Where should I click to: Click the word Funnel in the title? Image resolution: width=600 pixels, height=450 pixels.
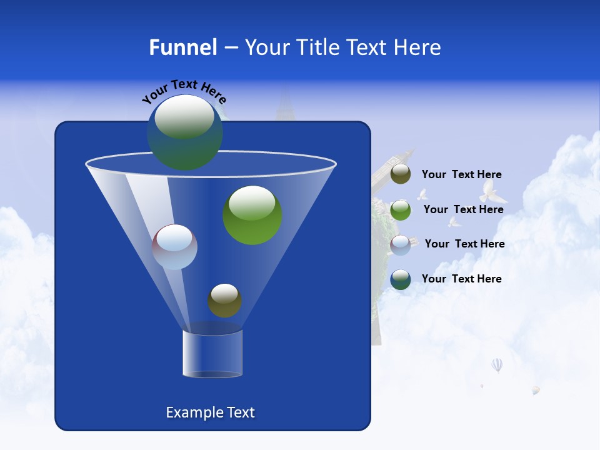pos(183,47)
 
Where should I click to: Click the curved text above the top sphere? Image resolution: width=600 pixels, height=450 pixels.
pos(184,91)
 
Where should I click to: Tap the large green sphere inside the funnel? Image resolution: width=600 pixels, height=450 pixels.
pos(252,215)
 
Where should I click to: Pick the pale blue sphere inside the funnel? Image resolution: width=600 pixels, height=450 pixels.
pos(175,247)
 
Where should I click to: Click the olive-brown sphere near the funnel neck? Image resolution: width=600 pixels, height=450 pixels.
pos(224,301)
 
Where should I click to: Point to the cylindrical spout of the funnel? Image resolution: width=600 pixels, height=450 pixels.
pos(212,354)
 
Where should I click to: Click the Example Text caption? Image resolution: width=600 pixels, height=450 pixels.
pos(210,412)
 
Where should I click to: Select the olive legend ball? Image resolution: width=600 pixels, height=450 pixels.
pos(401,174)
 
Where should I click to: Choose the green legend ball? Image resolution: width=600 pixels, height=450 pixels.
pos(401,210)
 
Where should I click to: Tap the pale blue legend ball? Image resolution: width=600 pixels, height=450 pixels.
pos(401,244)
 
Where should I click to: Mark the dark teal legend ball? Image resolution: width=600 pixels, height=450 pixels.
pos(401,279)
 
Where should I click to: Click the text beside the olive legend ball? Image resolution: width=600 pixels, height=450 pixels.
pos(461,174)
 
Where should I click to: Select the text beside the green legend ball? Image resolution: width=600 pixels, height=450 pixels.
pos(463,209)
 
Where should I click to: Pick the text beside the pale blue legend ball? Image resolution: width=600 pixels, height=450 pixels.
pos(464,244)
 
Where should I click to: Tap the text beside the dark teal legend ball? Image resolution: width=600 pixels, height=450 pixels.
pos(461,279)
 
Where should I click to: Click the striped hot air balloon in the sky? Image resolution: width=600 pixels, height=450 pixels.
pos(497,364)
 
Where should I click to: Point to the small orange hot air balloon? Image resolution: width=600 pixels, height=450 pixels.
pos(536,390)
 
